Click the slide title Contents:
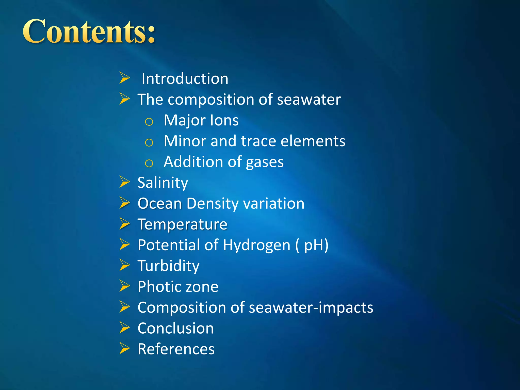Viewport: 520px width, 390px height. (89, 32)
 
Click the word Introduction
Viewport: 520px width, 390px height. (185, 79)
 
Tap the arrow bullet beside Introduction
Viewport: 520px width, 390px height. (125, 78)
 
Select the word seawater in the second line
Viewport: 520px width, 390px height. (309, 100)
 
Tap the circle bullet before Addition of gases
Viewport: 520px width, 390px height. (149, 164)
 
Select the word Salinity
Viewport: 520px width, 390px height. (163, 183)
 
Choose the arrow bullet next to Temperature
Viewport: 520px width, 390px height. (125, 223)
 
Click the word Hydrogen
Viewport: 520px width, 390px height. (256, 245)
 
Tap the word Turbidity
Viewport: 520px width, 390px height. (169, 266)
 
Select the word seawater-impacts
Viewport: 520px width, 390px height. (311, 308)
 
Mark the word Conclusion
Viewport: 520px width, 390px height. (176, 329)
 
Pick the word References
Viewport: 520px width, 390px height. (176, 349)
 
